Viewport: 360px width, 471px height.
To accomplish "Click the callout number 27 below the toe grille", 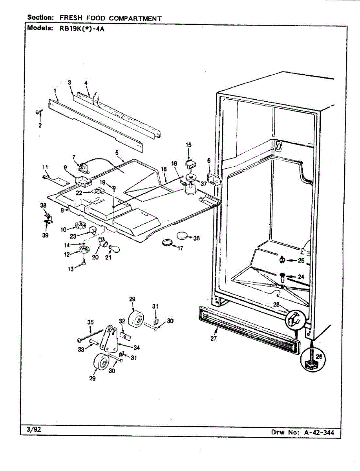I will tap(214, 338).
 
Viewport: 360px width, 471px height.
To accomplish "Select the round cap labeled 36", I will tap(183, 236).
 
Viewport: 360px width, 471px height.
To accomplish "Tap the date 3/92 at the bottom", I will tap(34, 430).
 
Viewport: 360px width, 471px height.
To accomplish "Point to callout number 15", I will tap(188, 145).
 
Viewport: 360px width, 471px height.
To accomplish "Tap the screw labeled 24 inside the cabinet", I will tap(283, 278).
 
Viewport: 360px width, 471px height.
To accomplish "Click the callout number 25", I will tap(301, 260).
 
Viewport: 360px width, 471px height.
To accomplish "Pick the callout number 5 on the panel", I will tap(117, 152).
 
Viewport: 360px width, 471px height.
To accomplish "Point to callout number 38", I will tap(43, 205).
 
